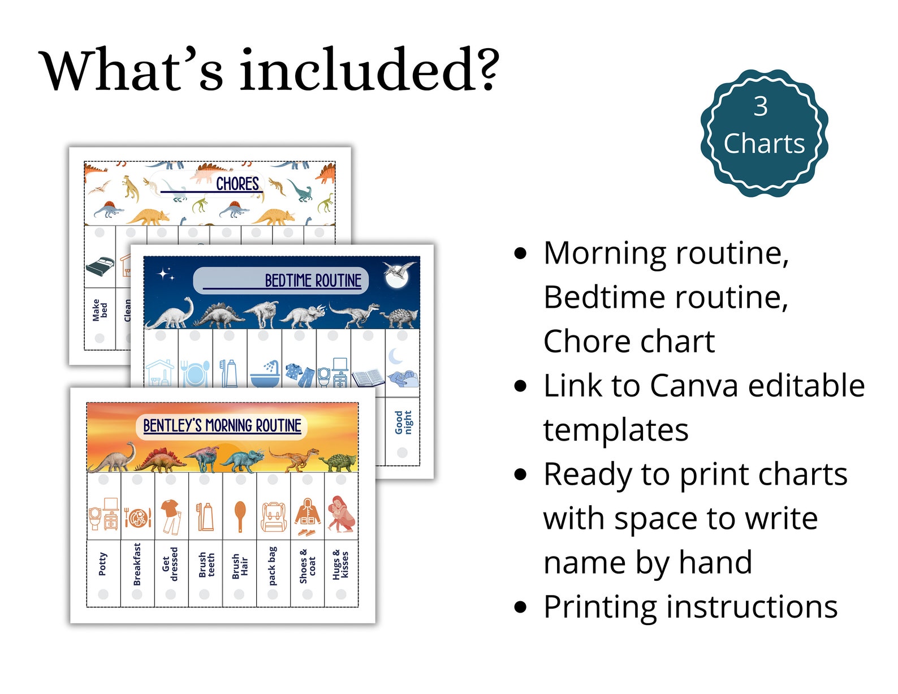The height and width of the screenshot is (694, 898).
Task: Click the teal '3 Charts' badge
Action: point(764,132)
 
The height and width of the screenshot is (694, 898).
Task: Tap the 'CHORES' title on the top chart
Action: point(238,184)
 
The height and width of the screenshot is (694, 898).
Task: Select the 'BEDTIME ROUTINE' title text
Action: point(313,281)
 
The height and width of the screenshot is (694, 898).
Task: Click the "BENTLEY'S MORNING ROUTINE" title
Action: point(222,425)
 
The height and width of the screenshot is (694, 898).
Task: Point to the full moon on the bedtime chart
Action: point(395,275)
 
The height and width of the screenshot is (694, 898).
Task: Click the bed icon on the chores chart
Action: point(100,266)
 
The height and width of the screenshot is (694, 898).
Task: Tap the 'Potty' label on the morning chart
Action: point(103,564)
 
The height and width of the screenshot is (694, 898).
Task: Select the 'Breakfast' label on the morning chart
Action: point(137,564)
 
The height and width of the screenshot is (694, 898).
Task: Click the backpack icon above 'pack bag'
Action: point(274,516)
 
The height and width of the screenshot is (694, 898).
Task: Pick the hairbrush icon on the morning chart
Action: point(240,515)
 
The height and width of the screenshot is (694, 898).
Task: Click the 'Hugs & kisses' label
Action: point(340,564)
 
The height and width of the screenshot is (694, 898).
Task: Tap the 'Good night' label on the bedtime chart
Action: point(403,423)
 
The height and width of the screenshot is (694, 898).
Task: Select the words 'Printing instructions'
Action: point(690,607)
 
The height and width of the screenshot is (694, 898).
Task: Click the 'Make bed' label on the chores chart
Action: point(100,311)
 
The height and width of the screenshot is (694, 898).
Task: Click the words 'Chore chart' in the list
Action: point(629,342)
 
